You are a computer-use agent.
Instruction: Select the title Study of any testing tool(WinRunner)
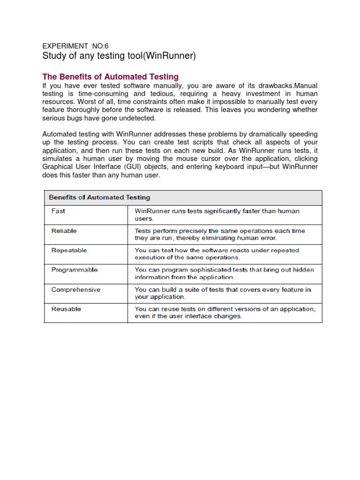click(x=119, y=57)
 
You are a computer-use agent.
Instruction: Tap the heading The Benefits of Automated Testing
click(x=111, y=76)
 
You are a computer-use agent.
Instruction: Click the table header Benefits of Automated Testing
click(x=100, y=197)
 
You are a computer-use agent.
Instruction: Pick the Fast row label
click(x=58, y=211)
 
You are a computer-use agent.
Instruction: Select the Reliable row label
click(x=64, y=231)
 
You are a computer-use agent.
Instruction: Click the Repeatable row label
click(x=69, y=250)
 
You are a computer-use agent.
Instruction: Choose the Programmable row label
click(x=74, y=270)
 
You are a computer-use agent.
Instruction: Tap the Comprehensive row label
click(x=75, y=290)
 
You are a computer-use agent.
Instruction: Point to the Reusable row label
click(x=66, y=309)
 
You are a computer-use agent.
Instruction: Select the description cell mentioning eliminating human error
click(x=219, y=234)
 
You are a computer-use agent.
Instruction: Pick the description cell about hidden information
click(x=224, y=273)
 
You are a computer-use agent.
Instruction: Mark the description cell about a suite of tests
click(x=223, y=293)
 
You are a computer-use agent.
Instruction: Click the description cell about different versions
click(x=225, y=312)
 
